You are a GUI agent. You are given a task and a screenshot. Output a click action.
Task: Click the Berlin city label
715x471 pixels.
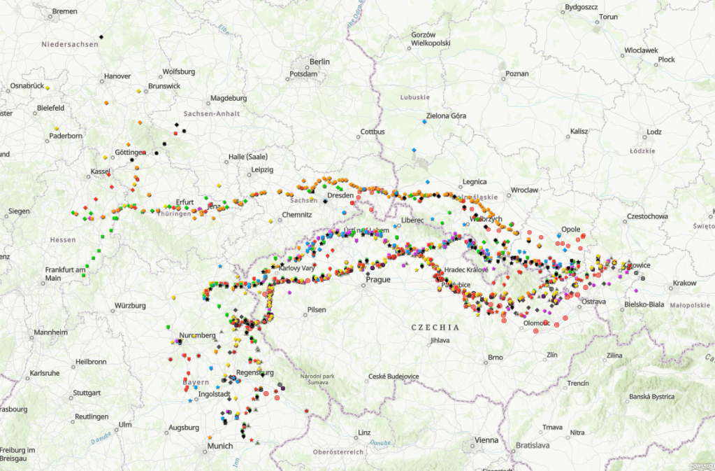pos(319,62)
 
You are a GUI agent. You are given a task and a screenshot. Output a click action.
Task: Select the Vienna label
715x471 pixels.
pos(486,440)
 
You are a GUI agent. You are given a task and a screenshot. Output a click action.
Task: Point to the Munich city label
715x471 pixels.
pos(219,446)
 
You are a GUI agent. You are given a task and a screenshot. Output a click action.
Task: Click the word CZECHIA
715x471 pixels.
pos(435,327)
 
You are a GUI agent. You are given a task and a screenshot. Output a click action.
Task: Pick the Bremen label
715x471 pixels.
pos(64,12)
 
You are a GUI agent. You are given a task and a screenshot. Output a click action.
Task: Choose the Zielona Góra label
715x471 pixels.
pos(445,115)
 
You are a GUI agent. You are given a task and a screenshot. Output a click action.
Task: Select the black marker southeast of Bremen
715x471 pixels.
pos(101,36)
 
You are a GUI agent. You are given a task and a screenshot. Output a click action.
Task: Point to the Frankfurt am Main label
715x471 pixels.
pos(64,274)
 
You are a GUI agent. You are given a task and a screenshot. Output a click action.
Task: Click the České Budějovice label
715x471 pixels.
pos(393,377)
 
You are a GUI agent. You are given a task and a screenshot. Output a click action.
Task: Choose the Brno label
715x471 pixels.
pos(495,358)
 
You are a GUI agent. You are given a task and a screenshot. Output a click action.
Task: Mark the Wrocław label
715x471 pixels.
pos(523,190)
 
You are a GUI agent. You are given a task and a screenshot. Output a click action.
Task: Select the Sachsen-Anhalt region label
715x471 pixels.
pos(211,113)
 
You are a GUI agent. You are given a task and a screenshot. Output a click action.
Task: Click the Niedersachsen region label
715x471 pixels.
pos(69,44)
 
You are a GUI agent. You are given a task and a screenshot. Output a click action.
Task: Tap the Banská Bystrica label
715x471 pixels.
pos(651,396)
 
